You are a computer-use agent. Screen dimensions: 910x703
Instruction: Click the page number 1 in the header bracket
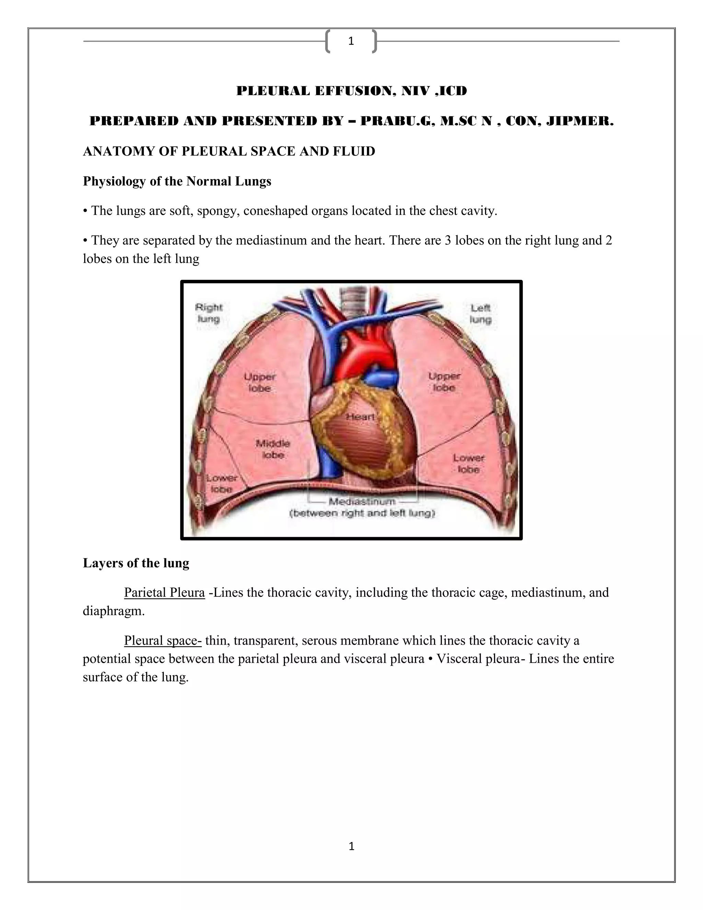point(351,41)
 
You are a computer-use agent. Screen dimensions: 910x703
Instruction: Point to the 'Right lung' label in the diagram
point(209,313)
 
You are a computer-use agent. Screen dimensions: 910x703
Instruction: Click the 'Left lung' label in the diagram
point(481,313)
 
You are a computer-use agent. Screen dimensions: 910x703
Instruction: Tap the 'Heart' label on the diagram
point(360,417)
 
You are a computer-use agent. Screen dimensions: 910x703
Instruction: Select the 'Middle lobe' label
point(273,449)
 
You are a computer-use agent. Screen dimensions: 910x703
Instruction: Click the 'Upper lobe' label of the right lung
point(260,382)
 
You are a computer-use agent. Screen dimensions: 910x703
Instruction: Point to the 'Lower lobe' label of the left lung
point(469,463)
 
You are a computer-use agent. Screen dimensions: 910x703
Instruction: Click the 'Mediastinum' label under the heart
point(361,501)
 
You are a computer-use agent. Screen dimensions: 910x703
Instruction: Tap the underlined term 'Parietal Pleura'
point(164,592)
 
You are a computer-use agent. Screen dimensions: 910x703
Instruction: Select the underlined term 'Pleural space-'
point(163,640)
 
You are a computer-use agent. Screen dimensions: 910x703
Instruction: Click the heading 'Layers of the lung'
point(136,563)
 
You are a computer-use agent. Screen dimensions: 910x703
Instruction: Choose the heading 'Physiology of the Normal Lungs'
point(177,181)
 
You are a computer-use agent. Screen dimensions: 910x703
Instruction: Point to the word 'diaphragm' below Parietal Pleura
point(113,611)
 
